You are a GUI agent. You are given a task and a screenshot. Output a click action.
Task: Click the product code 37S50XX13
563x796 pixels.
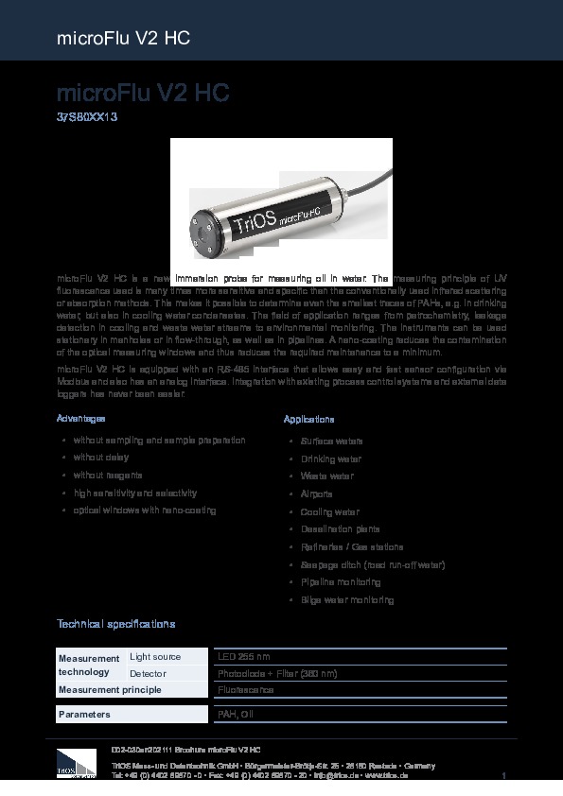coord(86,118)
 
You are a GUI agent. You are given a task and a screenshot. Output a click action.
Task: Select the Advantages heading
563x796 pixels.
coord(81,418)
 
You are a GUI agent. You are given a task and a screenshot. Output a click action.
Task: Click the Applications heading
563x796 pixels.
coord(308,419)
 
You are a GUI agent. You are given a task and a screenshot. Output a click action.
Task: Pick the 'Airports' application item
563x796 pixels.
coord(316,493)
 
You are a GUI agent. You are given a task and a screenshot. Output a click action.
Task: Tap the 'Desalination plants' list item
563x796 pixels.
coord(340,529)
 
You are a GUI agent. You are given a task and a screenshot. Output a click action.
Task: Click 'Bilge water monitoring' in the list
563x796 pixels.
coord(346,600)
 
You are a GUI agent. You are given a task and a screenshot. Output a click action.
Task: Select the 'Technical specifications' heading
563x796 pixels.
coord(115,625)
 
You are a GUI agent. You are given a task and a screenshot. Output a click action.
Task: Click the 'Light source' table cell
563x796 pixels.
coord(155,656)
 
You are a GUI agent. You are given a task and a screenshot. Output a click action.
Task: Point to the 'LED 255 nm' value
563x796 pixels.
coord(244,656)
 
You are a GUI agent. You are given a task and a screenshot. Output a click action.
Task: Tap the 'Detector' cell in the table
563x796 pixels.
coord(148,673)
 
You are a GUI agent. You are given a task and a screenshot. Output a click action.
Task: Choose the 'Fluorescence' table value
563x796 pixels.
coord(246,690)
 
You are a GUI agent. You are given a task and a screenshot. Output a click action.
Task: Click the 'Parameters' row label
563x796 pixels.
coord(84,715)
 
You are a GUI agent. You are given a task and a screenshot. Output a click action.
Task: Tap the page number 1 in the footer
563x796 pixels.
coord(505,776)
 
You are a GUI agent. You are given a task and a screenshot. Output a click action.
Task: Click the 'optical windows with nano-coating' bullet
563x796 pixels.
coord(145,510)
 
